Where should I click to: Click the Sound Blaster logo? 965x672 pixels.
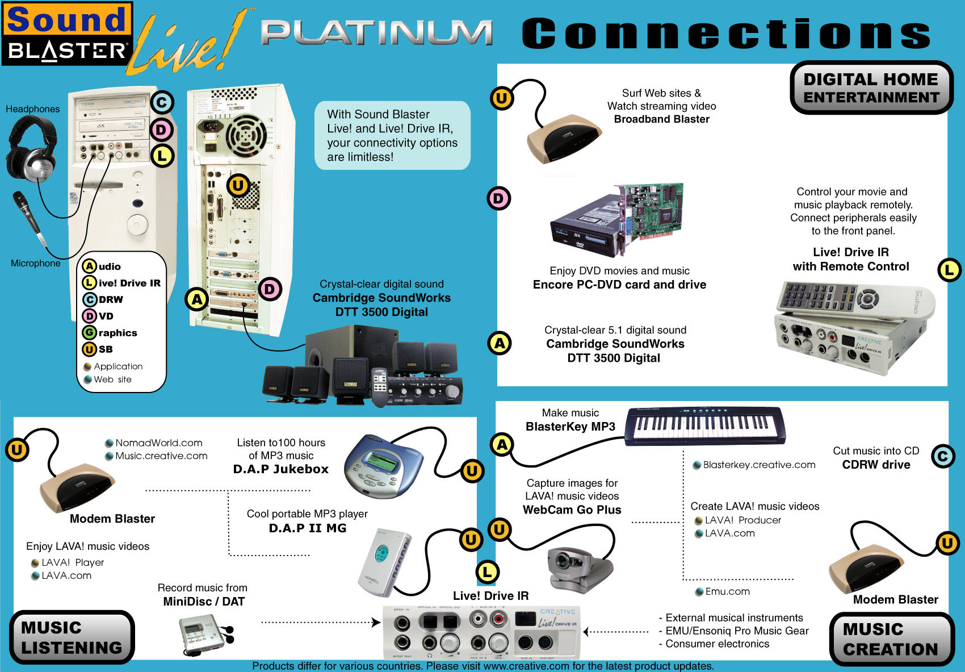(x=67, y=34)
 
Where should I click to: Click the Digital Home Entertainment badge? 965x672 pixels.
(x=871, y=88)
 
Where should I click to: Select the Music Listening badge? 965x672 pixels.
(x=72, y=637)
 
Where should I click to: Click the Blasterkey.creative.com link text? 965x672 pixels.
(x=759, y=465)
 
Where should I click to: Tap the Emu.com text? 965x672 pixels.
(x=727, y=591)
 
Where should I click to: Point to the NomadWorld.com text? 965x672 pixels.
(x=158, y=443)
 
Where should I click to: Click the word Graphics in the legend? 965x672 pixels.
(x=118, y=333)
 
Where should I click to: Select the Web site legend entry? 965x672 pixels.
(x=112, y=379)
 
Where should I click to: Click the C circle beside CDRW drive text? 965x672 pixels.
(x=943, y=456)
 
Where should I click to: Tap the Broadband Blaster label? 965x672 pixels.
(x=661, y=119)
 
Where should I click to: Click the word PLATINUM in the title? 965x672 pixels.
(x=376, y=33)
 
